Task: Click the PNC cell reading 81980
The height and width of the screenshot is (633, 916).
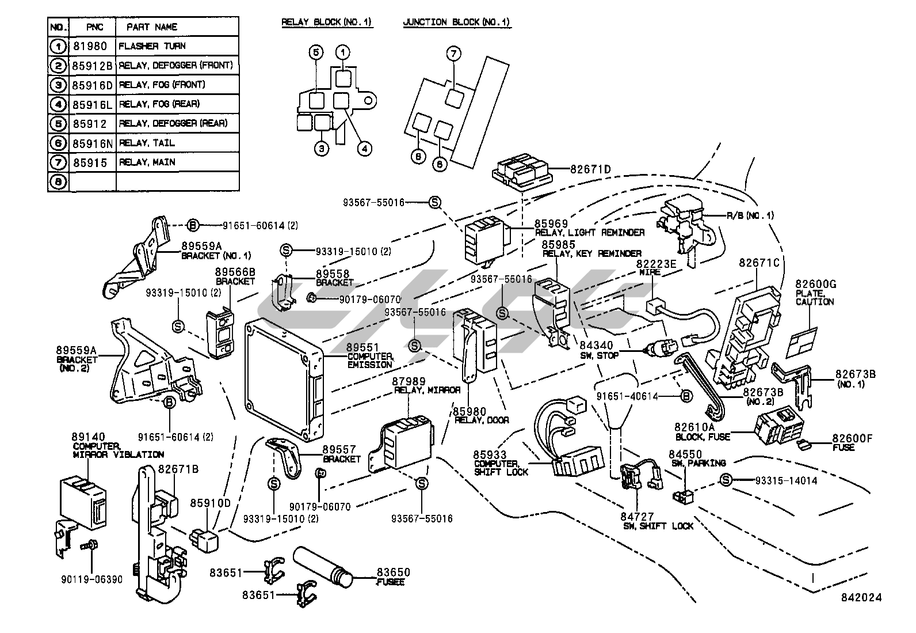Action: (89, 46)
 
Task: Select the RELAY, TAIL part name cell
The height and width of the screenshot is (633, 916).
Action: (147, 143)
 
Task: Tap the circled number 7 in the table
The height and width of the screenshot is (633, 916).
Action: (58, 162)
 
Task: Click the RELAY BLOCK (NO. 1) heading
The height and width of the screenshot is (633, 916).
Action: (326, 22)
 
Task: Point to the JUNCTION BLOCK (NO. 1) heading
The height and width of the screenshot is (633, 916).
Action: (456, 22)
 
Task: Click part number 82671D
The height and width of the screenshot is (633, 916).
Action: (590, 169)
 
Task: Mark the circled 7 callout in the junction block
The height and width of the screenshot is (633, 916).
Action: (453, 54)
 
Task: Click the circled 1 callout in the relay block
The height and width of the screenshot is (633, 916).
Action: (342, 52)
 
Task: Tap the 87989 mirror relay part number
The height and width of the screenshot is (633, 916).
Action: (409, 381)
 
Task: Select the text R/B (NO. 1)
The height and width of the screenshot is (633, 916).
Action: (750, 215)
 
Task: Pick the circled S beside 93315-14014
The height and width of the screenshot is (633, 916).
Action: (726, 480)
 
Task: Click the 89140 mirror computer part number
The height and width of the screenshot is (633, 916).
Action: (89, 437)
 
